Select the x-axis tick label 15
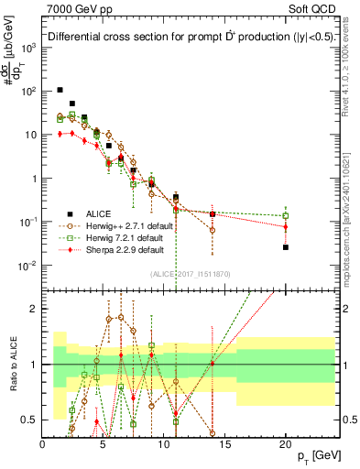224,444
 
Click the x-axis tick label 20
285,444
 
